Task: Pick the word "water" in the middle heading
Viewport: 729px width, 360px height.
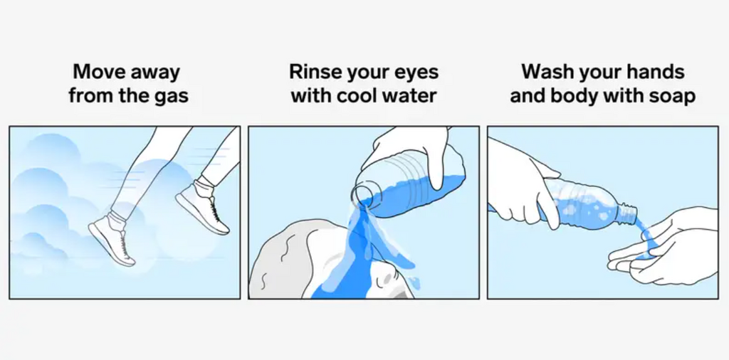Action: tap(409, 95)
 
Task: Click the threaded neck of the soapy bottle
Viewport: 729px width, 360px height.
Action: tap(626, 212)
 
